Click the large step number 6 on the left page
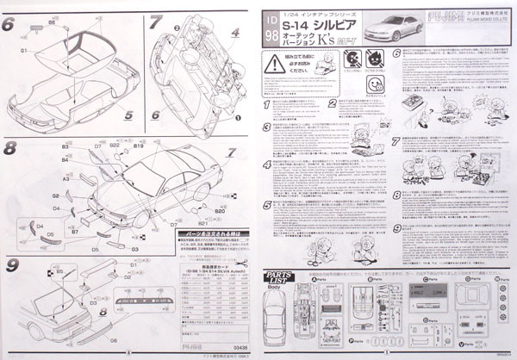point(9,24)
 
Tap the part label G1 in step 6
point(23,51)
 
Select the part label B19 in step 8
point(138,147)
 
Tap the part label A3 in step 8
point(65,178)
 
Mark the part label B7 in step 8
point(75,232)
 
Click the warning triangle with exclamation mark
point(276,62)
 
